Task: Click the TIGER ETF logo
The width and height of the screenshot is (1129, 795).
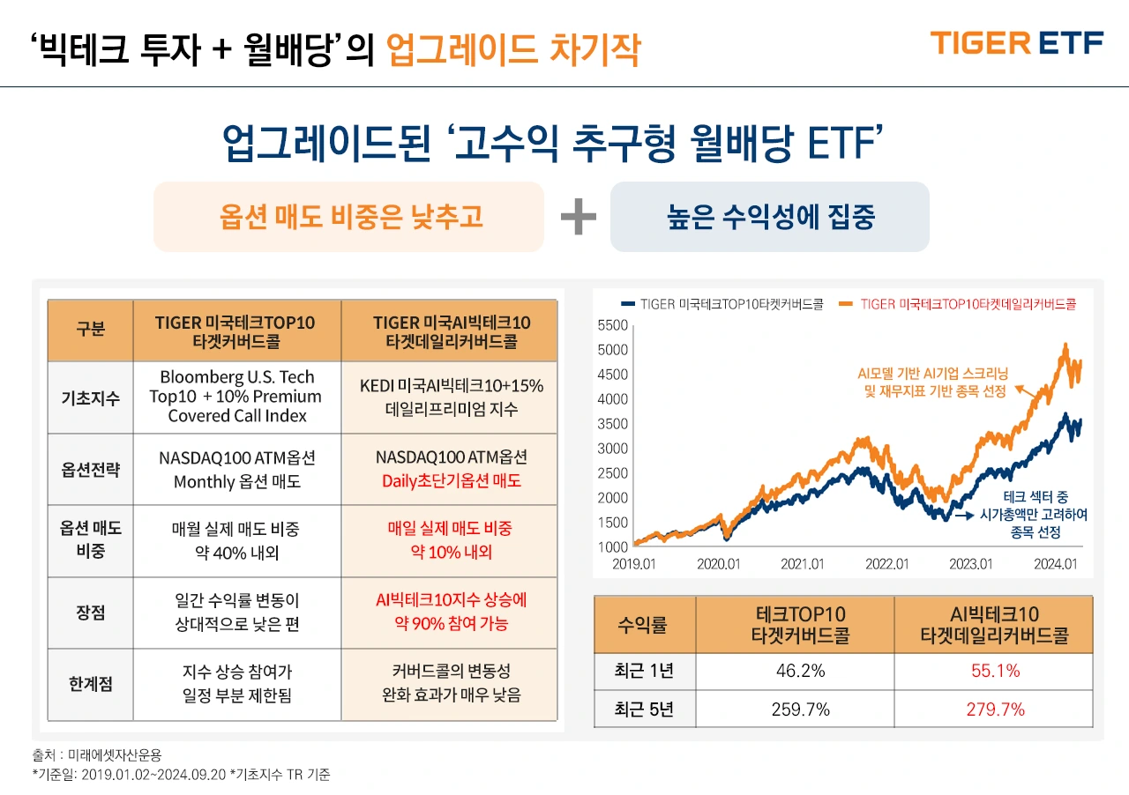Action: [1016, 42]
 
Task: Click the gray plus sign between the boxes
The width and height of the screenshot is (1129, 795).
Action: [578, 218]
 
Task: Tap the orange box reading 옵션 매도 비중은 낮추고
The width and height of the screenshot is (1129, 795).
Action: [349, 217]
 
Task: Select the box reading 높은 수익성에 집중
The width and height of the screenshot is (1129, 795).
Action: [769, 217]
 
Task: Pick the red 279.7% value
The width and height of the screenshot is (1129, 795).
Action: [994, 709]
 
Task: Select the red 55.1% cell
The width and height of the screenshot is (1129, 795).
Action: [994, 672]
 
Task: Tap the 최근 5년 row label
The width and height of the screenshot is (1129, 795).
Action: [644, 709]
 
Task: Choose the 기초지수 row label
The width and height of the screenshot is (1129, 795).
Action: [90, 397]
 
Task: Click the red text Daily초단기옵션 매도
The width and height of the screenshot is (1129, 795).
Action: [451, 481]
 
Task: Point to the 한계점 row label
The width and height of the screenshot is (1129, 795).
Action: [90, 684]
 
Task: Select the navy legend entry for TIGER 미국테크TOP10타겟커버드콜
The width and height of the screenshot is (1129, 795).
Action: [723, 304]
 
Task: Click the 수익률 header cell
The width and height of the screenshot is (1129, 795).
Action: [644, 625]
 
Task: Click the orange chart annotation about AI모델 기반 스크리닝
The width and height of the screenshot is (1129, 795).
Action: [931, 382]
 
